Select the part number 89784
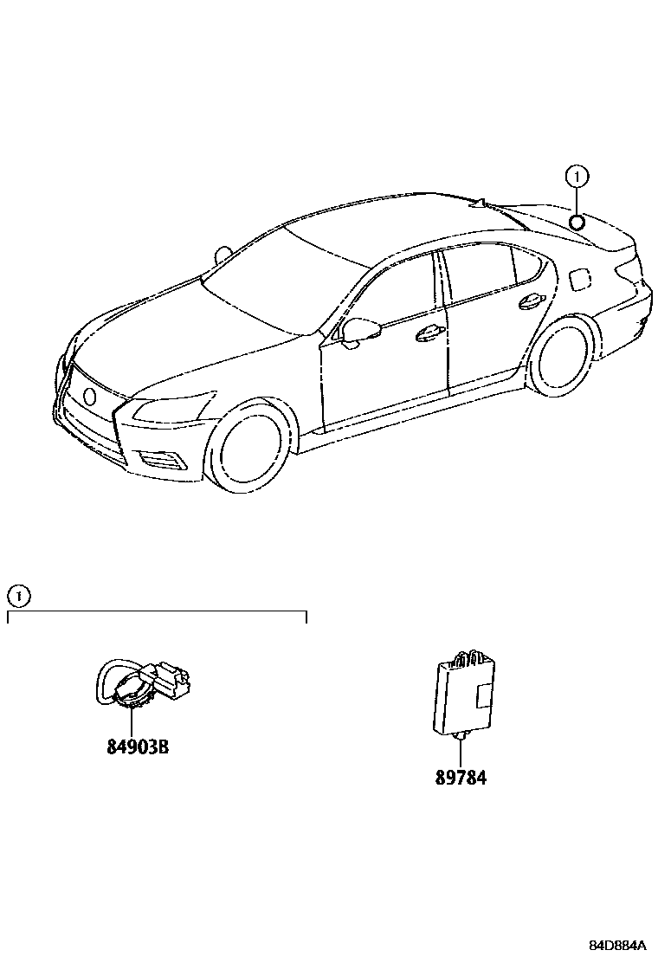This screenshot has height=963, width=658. [x=461, y=777]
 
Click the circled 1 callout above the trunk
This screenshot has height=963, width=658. [x=577, y=178]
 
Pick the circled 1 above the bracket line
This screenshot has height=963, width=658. [x=18, y=596]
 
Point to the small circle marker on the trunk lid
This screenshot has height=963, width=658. [x=577, y=220]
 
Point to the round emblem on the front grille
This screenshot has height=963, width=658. [x=89, y=396]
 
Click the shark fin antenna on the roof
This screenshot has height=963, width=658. [x=478, y=204]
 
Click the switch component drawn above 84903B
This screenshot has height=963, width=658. [x=143, y=683]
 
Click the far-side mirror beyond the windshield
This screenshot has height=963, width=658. [x=224, y=254]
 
